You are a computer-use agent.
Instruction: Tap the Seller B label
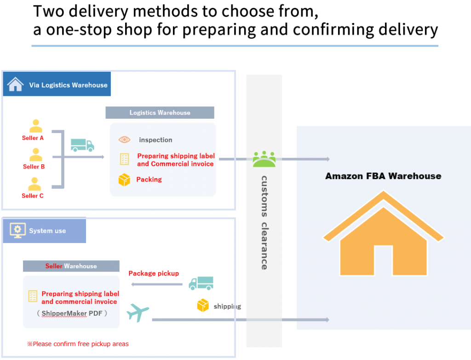click(34, 167)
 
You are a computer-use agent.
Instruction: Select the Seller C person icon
click(34, 184)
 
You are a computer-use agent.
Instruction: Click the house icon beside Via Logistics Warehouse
click(15, 84)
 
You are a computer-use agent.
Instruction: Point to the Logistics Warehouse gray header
click(160, 113)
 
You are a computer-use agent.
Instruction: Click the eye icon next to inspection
click(124, 139)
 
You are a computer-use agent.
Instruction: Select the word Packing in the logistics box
click(149, 180)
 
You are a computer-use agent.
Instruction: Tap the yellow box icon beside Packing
click(124, 180)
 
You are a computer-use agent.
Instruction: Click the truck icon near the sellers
click(82, 145)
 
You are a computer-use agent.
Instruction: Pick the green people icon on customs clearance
click(264, 159)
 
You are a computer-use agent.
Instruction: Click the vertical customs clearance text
click(264, 222)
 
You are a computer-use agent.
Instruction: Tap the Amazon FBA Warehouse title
click(383, 176)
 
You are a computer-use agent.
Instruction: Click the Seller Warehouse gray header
click(71, 266)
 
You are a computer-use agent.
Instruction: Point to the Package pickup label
click(154, 273)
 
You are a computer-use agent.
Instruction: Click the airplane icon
click(138, 312)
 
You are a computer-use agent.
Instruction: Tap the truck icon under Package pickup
click(201, 283)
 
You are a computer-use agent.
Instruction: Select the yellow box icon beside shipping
click(203, 306)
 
